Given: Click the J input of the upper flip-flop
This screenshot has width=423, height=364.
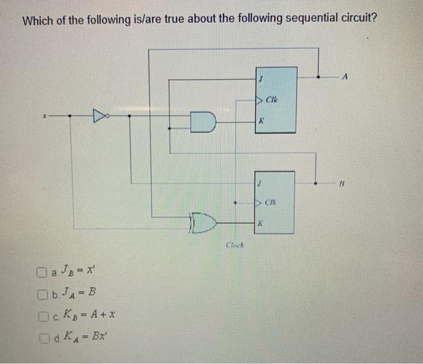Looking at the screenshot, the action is tap(261, 78).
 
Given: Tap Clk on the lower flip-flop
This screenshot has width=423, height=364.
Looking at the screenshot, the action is tap(273, 202).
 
